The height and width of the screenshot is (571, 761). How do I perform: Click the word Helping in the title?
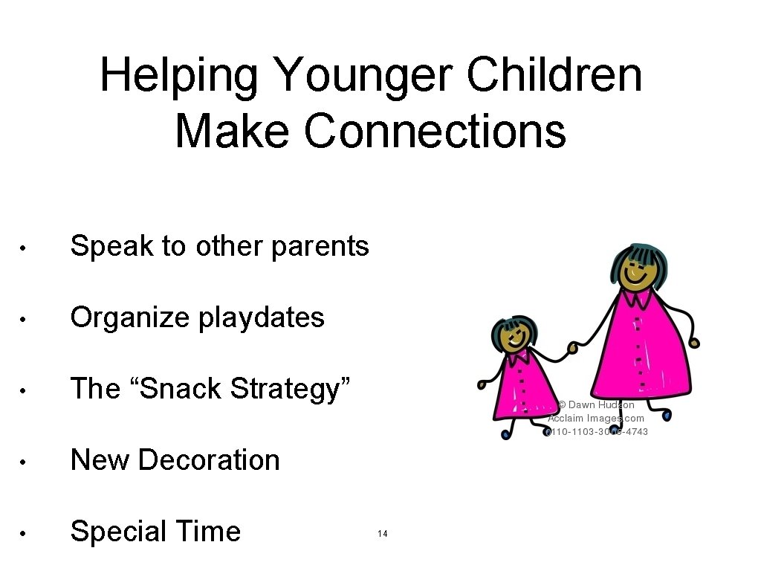pos(178,76)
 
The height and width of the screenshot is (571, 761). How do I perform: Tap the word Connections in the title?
pos(434,131)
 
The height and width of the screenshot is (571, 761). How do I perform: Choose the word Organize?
pos(129,318)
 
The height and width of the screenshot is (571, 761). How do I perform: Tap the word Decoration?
pos(209,460)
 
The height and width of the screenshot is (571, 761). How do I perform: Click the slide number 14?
pos(383,534)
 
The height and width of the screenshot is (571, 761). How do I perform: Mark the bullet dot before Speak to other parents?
pos(25,248)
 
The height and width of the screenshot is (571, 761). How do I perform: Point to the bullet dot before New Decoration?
pos(25,462)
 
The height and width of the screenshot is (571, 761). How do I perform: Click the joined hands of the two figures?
pos(573,346)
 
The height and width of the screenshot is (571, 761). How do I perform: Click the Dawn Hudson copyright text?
pos(597,405)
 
